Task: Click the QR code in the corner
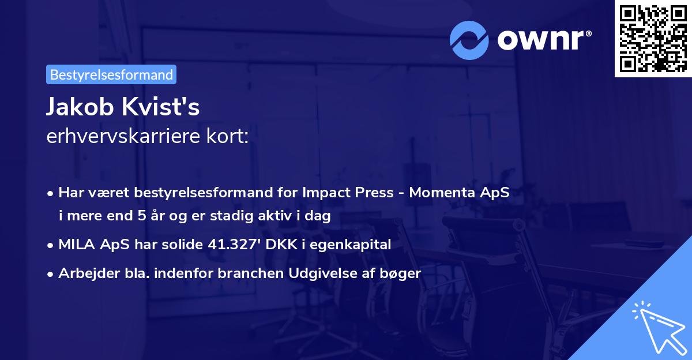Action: pos(653,39)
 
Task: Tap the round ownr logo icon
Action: pos(469,40)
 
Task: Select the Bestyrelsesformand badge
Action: pos(111,74)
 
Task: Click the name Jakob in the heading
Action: pos(80,108)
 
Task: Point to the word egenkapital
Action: pos(356,245)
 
